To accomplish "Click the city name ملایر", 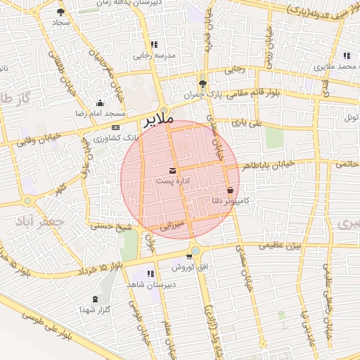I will point(158,120).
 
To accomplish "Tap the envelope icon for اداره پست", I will point(173,172).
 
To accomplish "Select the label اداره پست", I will point(173,181).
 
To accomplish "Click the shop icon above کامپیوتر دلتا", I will point(231,191).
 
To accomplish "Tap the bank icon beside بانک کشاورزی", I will point(115,128).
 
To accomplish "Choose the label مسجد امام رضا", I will point(100,113).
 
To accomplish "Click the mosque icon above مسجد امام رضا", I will point(100,103).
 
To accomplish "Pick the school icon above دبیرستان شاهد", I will point(150,274).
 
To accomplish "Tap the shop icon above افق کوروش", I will point(189,257).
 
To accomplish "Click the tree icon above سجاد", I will point(61,13).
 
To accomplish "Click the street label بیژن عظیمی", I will point(279,245).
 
